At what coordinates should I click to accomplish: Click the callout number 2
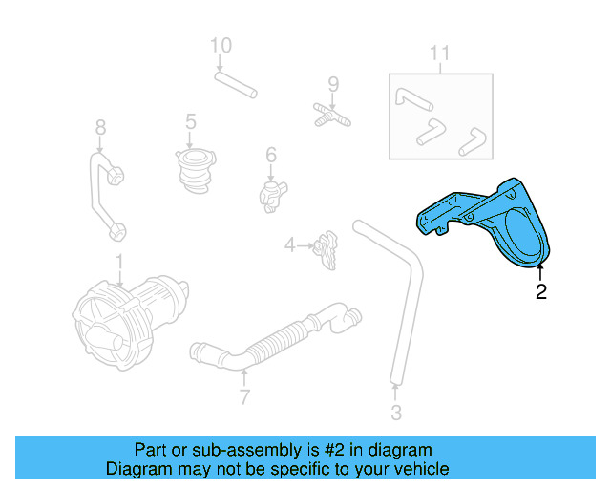click(x=541, y=292)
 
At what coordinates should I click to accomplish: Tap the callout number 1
click(x=119, y=261)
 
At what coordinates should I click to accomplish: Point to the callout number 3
click(x=395, y=413)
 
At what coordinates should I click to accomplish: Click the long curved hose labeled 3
click(x=406, y=287)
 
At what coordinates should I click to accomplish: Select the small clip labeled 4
click(x=328, y=247)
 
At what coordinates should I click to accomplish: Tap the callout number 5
click(x=191, y=121)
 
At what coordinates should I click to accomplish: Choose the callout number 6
click(x=271, y=154)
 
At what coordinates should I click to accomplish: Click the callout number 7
click(x=244, y=396)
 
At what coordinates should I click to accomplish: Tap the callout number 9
click(x=333, y=84)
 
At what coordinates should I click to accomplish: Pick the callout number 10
click(x=221, y=45)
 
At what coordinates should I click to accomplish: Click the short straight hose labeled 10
click(x=235, y=85)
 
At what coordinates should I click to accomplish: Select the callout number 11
click(x=438, y=53)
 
